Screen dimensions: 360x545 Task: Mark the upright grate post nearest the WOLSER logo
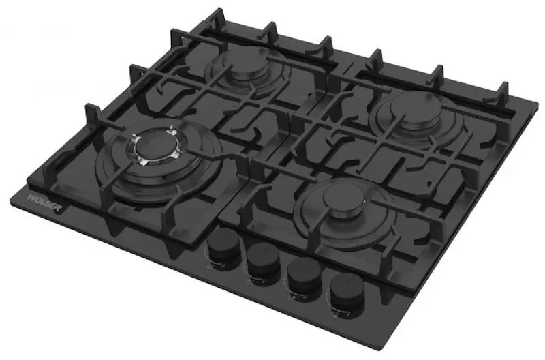click(x=89, y=113)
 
